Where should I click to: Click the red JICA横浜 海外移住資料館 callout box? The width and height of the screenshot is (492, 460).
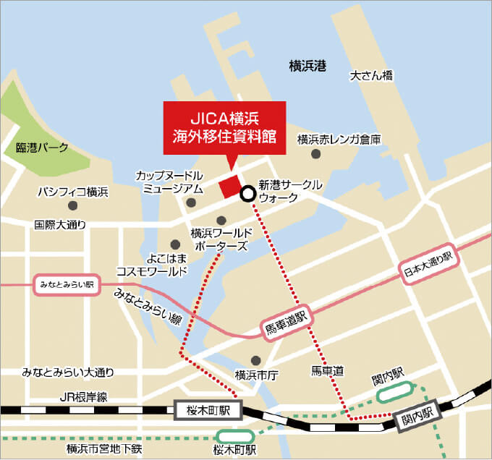tap(224, 127)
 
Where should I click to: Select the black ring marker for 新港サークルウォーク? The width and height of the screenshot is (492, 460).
tap(247, 193)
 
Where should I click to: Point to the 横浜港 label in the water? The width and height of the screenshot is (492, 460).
tap(307, 67)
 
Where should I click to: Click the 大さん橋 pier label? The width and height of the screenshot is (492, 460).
tap(371, 74)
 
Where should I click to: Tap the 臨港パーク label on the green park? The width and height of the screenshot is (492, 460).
tap(42, 148)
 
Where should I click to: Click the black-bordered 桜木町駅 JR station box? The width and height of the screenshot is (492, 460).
tap(206, 411)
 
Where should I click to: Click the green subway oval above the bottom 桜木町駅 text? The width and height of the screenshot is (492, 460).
tap(236, 436)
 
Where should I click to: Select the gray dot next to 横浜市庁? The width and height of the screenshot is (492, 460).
tap(255, 360)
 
